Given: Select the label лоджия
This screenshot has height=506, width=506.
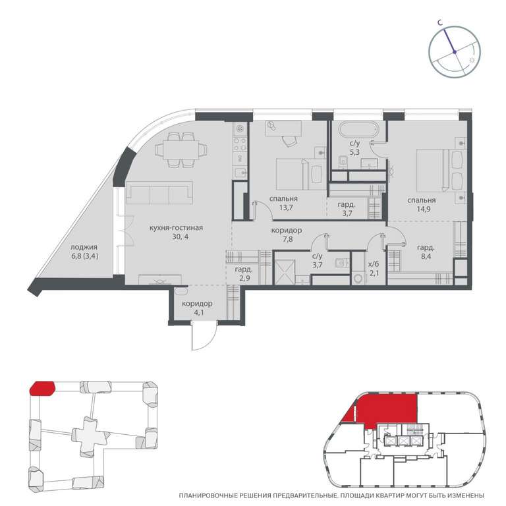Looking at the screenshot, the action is (84, 247).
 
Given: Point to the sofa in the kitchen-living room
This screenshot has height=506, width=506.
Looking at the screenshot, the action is (159, 193).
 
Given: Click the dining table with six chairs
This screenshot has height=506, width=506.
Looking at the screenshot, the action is (181, 150).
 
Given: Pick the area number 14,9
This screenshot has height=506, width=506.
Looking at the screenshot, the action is (423, 209).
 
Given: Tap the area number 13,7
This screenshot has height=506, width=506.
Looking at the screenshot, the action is (286, 208).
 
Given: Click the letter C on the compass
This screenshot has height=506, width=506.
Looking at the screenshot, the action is (440, 22).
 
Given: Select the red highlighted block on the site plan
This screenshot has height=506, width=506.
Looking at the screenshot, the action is (42, 388).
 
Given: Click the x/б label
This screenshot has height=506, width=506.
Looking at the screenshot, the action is (374, 264).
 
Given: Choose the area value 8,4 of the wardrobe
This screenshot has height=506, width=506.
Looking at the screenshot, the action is (426, 257).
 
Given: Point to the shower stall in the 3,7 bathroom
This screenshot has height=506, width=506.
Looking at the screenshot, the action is (285, 272).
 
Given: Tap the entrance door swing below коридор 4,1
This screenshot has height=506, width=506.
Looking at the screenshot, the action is (204, 335).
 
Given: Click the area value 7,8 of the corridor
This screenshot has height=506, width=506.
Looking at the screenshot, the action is (287, 239).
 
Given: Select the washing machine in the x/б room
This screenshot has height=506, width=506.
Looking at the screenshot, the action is (358, 279).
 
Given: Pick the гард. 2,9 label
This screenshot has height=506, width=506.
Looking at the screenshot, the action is (244, 273).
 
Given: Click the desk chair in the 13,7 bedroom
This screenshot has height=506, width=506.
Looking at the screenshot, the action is (289, 140).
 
